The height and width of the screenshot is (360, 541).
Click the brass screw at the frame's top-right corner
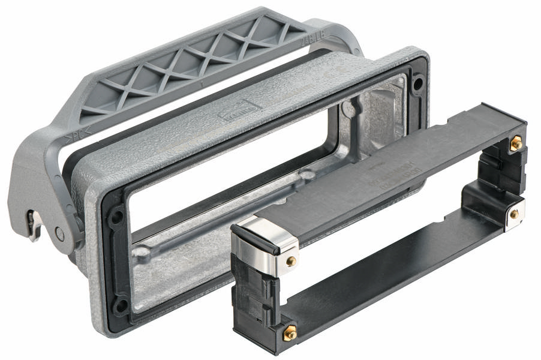pyautogui.click(x=514, y=143)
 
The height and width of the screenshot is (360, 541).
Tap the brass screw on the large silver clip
pyautogui.click(x=291, y=261)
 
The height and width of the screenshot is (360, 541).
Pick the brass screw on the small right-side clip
pyautogui.click(x=514, y=214)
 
